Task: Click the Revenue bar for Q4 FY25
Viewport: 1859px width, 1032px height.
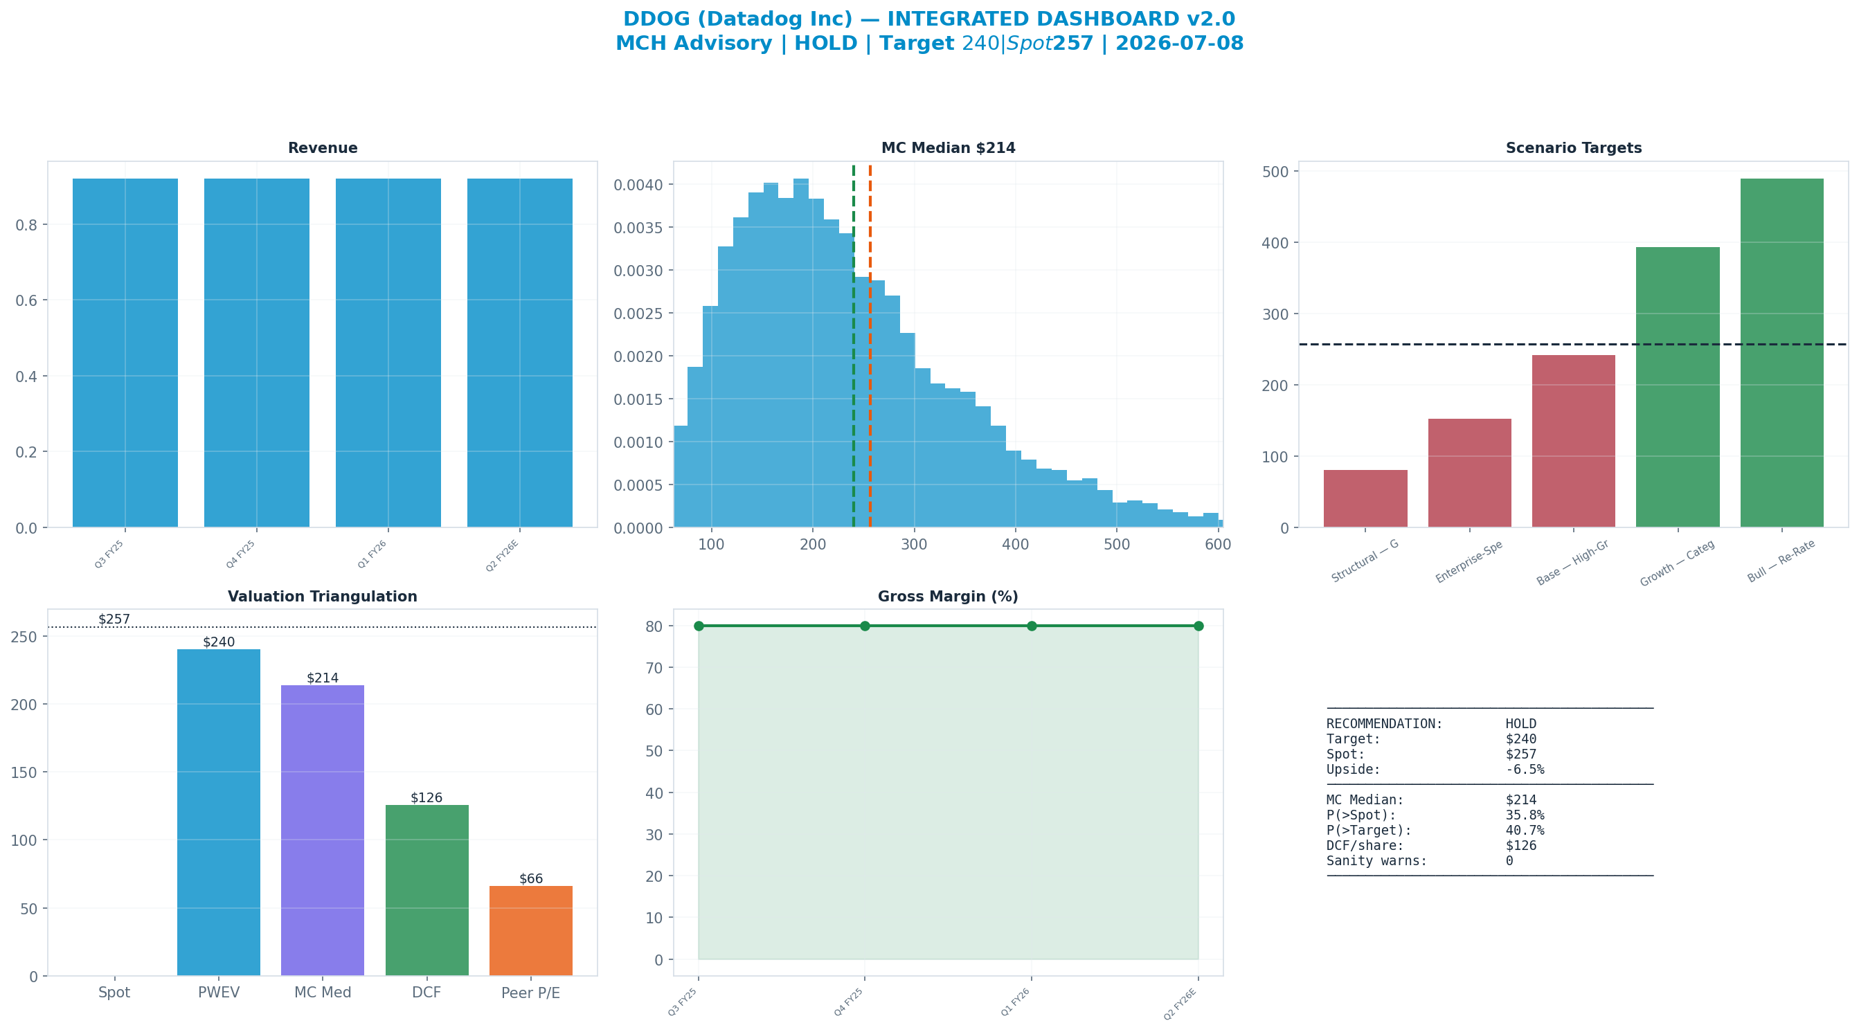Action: [x=257, y=353]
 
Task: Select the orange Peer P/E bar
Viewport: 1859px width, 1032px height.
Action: [x=531, y=931]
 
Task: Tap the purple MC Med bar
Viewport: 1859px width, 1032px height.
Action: [x=323, y=831]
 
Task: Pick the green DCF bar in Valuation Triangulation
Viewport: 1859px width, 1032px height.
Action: [x=427, y=891]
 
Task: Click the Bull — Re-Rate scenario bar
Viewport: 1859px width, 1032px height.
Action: [x=1781, y=353]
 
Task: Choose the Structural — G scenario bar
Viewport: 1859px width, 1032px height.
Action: [x=1365, y=498]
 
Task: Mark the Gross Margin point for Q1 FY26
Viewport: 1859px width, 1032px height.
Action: [x=1032, y=626]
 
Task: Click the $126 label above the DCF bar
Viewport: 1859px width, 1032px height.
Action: [x=426, y=797]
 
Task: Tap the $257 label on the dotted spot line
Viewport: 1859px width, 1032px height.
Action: [x=114, y=619]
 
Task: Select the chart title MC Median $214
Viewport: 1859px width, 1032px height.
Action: [x=949, y=148]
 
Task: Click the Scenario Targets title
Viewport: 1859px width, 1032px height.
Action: [x=1574, y=148]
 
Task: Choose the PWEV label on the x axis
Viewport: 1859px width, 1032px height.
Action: [x=219, y=993]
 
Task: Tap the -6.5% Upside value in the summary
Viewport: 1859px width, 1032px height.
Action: [x=1525, y=769]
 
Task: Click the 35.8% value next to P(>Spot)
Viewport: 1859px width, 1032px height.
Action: [x=1525, y=815]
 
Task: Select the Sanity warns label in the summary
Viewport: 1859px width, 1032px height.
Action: [x=1377, y=861]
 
